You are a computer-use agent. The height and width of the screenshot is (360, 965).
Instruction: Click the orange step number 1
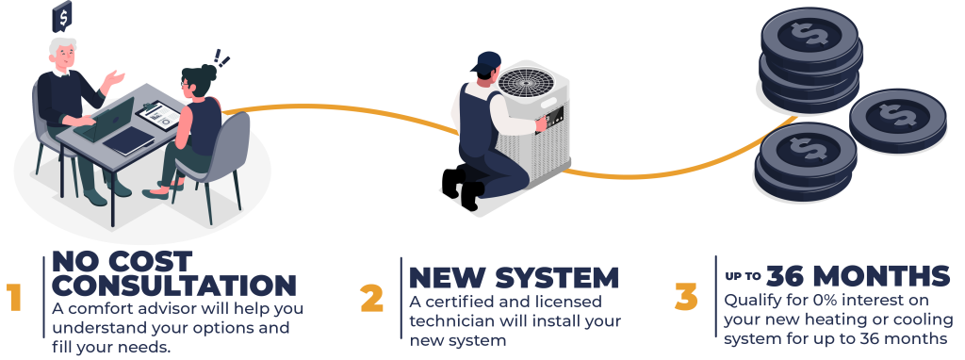(x=14, y=298)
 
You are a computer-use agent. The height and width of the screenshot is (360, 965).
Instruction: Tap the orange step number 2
(x=371, y=298)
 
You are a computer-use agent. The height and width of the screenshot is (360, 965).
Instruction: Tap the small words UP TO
(x=743, y=276)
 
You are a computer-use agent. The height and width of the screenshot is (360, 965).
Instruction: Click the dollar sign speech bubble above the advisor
(x=62, y=16)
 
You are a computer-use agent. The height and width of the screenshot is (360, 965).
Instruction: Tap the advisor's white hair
(x=62, y=46)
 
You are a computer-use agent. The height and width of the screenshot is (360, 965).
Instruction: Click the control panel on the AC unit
(x=552, y=116)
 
